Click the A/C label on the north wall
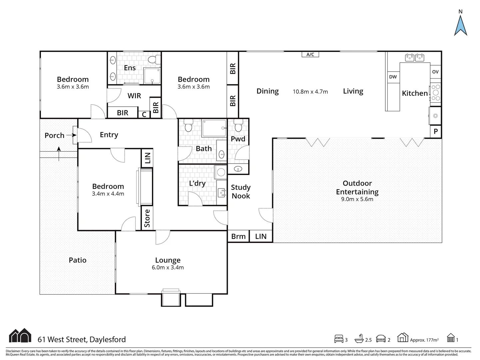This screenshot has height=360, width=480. point(310,54)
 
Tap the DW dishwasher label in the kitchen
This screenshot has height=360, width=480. point(393,77)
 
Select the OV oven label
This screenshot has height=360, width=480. point(435,72)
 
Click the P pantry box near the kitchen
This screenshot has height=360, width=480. point(436,132)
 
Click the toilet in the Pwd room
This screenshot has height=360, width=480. point(238,127)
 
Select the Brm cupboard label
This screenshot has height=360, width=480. point(239,237)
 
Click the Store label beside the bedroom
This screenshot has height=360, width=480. point(147,218)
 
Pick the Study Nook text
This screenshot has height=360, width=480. point(241,192)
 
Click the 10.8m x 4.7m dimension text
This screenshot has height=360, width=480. point(310,92)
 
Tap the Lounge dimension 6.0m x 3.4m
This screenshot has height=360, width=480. point(168,268)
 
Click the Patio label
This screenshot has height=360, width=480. point(78,260)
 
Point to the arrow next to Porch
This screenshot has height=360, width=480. point(71,135)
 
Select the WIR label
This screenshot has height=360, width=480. point(134,96)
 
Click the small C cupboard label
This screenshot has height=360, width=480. point(144,114)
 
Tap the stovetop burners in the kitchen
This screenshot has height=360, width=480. point(436,93)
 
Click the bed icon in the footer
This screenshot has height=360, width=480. point(339,339)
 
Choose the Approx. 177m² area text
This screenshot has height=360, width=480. point(424,340)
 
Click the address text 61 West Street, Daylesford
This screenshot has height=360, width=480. point(82,340)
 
